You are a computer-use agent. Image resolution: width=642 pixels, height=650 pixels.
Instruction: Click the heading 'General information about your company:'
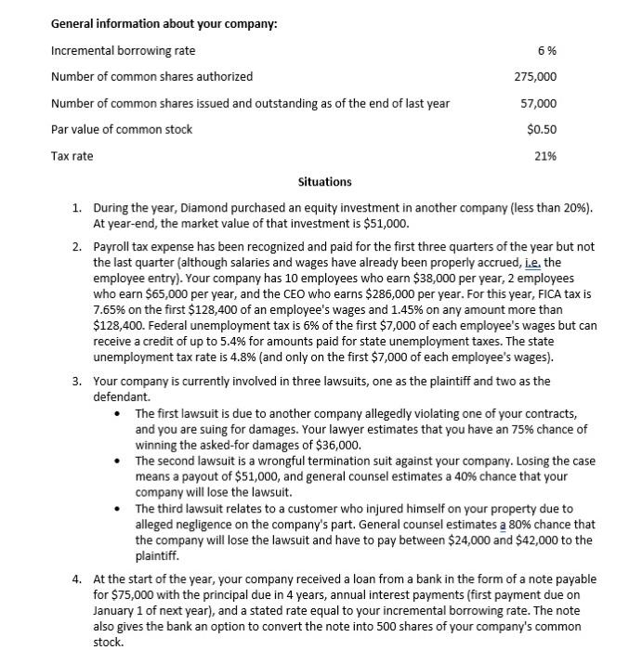(164, 23)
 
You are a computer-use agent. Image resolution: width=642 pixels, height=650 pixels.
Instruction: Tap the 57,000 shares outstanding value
(539, 103)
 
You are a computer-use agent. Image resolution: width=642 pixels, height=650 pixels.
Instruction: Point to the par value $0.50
(542, 129)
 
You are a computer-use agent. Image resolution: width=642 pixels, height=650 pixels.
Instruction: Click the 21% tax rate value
(545, 156)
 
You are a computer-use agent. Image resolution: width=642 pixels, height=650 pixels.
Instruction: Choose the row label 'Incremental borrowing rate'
(123, 50)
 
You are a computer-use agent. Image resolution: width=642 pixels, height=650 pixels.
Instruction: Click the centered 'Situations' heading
(324, 181)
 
